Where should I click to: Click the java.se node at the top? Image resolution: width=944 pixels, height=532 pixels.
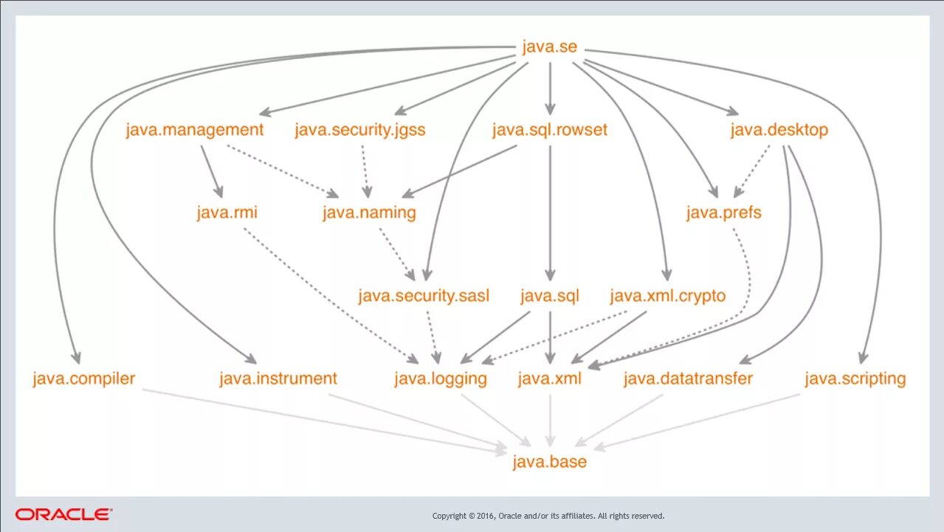click(549, 47)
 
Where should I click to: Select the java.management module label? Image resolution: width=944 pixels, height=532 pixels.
click(194, 130)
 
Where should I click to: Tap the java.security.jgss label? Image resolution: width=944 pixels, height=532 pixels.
click(360, 130)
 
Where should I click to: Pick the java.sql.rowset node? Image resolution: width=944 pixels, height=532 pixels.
click(550, 130)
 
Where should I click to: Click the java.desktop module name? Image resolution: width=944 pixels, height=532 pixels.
click(779, 130)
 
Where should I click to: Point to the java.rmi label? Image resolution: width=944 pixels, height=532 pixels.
click(227, 213)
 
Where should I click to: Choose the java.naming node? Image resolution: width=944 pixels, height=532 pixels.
click(369, 213)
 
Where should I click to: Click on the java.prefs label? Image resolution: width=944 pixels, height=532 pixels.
click(723, 213)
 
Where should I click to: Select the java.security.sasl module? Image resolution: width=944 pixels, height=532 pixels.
click(424, 297)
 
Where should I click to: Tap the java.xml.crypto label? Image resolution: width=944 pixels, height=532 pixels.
click(668, 297)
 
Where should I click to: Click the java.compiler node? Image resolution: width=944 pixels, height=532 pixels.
click(84, 379)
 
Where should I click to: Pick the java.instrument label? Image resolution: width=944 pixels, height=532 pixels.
click(278, 379)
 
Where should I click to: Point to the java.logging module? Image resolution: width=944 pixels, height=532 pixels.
click(441, 379)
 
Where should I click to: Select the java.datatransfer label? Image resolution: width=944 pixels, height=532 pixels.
click(688, 379)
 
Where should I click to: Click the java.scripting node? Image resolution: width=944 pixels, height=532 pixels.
click(855, 379)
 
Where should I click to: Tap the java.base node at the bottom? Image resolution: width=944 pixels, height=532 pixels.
click(550, 463)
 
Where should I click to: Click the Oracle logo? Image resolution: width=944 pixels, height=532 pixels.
click(63, 514)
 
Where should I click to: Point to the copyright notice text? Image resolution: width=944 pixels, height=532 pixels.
click(548, 516)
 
